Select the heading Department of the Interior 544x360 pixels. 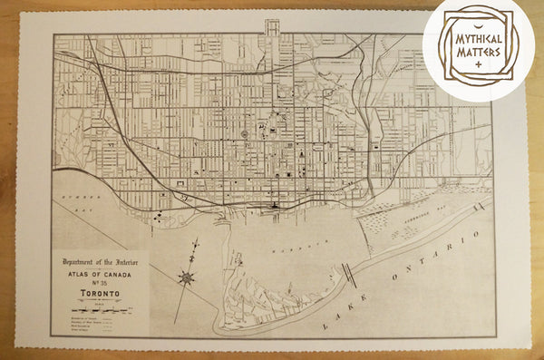pos(100,258)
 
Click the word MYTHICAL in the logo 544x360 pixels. pos(471,41)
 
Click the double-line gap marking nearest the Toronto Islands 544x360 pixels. pos(347,274)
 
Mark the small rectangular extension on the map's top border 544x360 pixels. pos(272,27)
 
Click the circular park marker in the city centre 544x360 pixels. pos(245,135)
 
